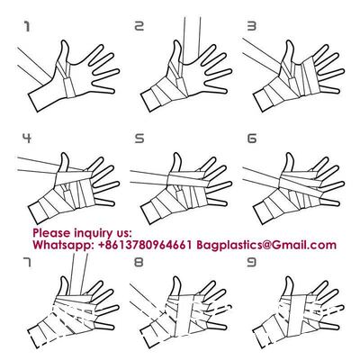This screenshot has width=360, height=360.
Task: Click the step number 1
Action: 27,27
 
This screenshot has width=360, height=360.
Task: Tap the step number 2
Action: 139,26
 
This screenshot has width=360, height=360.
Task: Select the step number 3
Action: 252,26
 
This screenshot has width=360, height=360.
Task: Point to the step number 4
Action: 27,139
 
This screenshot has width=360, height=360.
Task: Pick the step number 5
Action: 139,139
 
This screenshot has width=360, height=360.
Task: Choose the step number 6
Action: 252,139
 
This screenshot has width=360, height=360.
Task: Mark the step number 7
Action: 27,263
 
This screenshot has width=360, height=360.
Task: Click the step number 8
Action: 139,263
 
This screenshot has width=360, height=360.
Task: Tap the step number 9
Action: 252,263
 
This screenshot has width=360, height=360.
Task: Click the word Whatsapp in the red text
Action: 63,246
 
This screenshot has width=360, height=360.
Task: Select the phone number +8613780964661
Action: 145,245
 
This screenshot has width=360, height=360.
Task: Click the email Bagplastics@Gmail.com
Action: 266,246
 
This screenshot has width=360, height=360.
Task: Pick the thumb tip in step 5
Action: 177,154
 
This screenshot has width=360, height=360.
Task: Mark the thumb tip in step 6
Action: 290,154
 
